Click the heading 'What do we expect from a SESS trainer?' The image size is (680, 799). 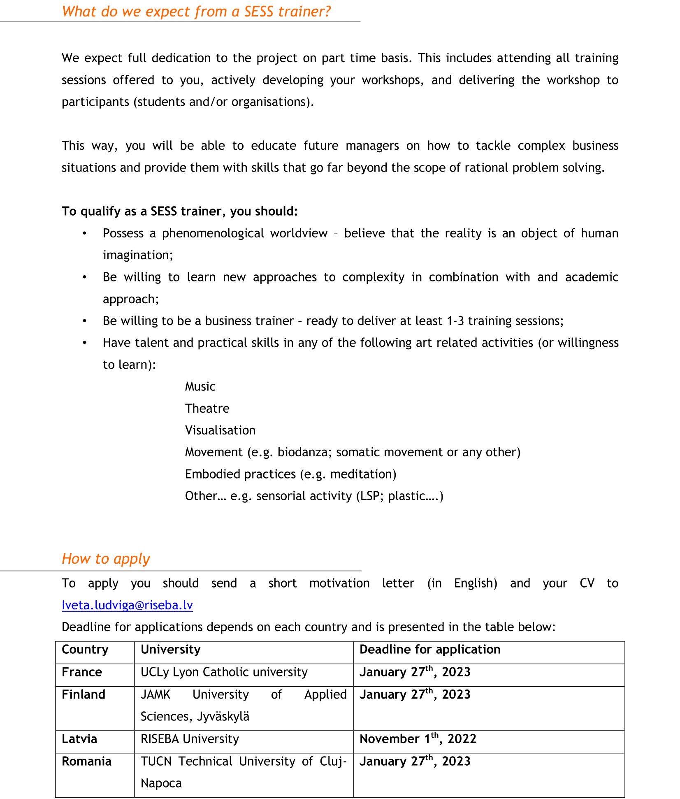tap(196, 12)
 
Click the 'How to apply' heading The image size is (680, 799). tap(106, 559)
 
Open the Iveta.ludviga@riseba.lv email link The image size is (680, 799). tap(127, 605)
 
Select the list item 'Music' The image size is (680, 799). tap(200, 387)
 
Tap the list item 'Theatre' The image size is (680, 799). tap(207, 409)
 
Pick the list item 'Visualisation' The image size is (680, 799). tap(220, 430)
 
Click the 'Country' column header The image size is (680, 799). tap(85, 650)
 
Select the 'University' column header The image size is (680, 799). tap(170, 650)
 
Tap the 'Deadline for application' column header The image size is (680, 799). tap(430, 650)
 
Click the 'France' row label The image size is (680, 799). tap(81, 672)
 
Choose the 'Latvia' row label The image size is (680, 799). tap(79, 739)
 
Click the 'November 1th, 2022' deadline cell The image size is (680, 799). tap(418, 739)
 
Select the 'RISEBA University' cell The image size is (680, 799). tap(190, 739)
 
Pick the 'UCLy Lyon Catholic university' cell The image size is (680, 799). tap(224, 672)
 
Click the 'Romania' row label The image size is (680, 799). tap(86, 762)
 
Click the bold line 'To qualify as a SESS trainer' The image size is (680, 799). tap(179, 211)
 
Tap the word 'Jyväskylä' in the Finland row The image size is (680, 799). tap(223, 717)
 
